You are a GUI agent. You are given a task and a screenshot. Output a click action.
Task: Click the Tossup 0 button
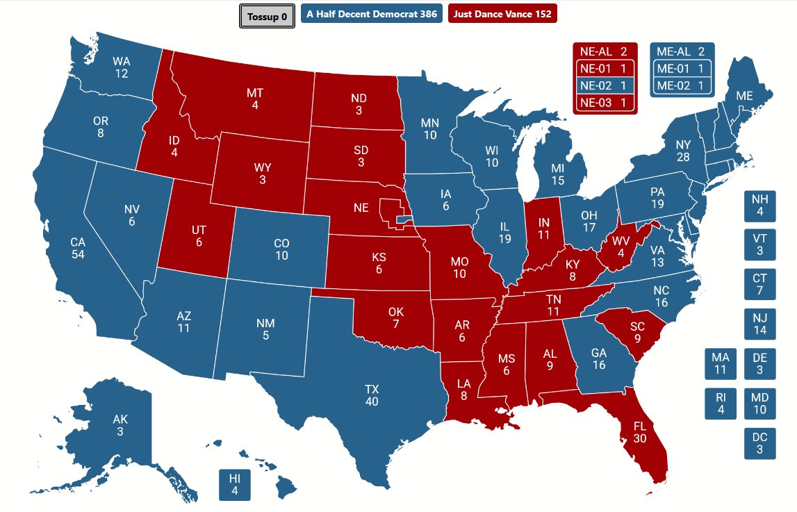pos(267,17)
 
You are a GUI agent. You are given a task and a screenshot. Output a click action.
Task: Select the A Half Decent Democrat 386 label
pos(372,14)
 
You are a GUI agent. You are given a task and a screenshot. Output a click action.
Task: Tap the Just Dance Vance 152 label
pos(502,14)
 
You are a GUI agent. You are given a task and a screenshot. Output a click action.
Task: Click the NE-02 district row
pos(604,86)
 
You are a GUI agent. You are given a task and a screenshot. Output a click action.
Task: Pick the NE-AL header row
pos(604,51)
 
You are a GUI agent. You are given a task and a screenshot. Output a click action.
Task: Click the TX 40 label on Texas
pos(372,395)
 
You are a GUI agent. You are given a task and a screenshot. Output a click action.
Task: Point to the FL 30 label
pos(639,432)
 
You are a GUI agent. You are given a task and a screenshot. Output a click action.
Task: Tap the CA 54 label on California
pos(78,248)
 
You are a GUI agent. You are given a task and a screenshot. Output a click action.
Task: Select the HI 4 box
pos(234,485)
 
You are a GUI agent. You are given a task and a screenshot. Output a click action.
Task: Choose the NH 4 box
pos(759,206)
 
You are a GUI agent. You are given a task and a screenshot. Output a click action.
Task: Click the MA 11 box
pos(721,364)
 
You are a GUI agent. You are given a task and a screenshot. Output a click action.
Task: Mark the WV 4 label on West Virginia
pos(621,246)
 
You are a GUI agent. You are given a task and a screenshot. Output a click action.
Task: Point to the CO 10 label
pos(281,249)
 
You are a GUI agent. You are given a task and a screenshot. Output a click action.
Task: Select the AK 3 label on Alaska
pos(120,426)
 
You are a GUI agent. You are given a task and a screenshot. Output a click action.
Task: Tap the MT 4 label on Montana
pos(255,99)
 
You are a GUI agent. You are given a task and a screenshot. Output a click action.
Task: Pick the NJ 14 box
pos(759,324)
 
